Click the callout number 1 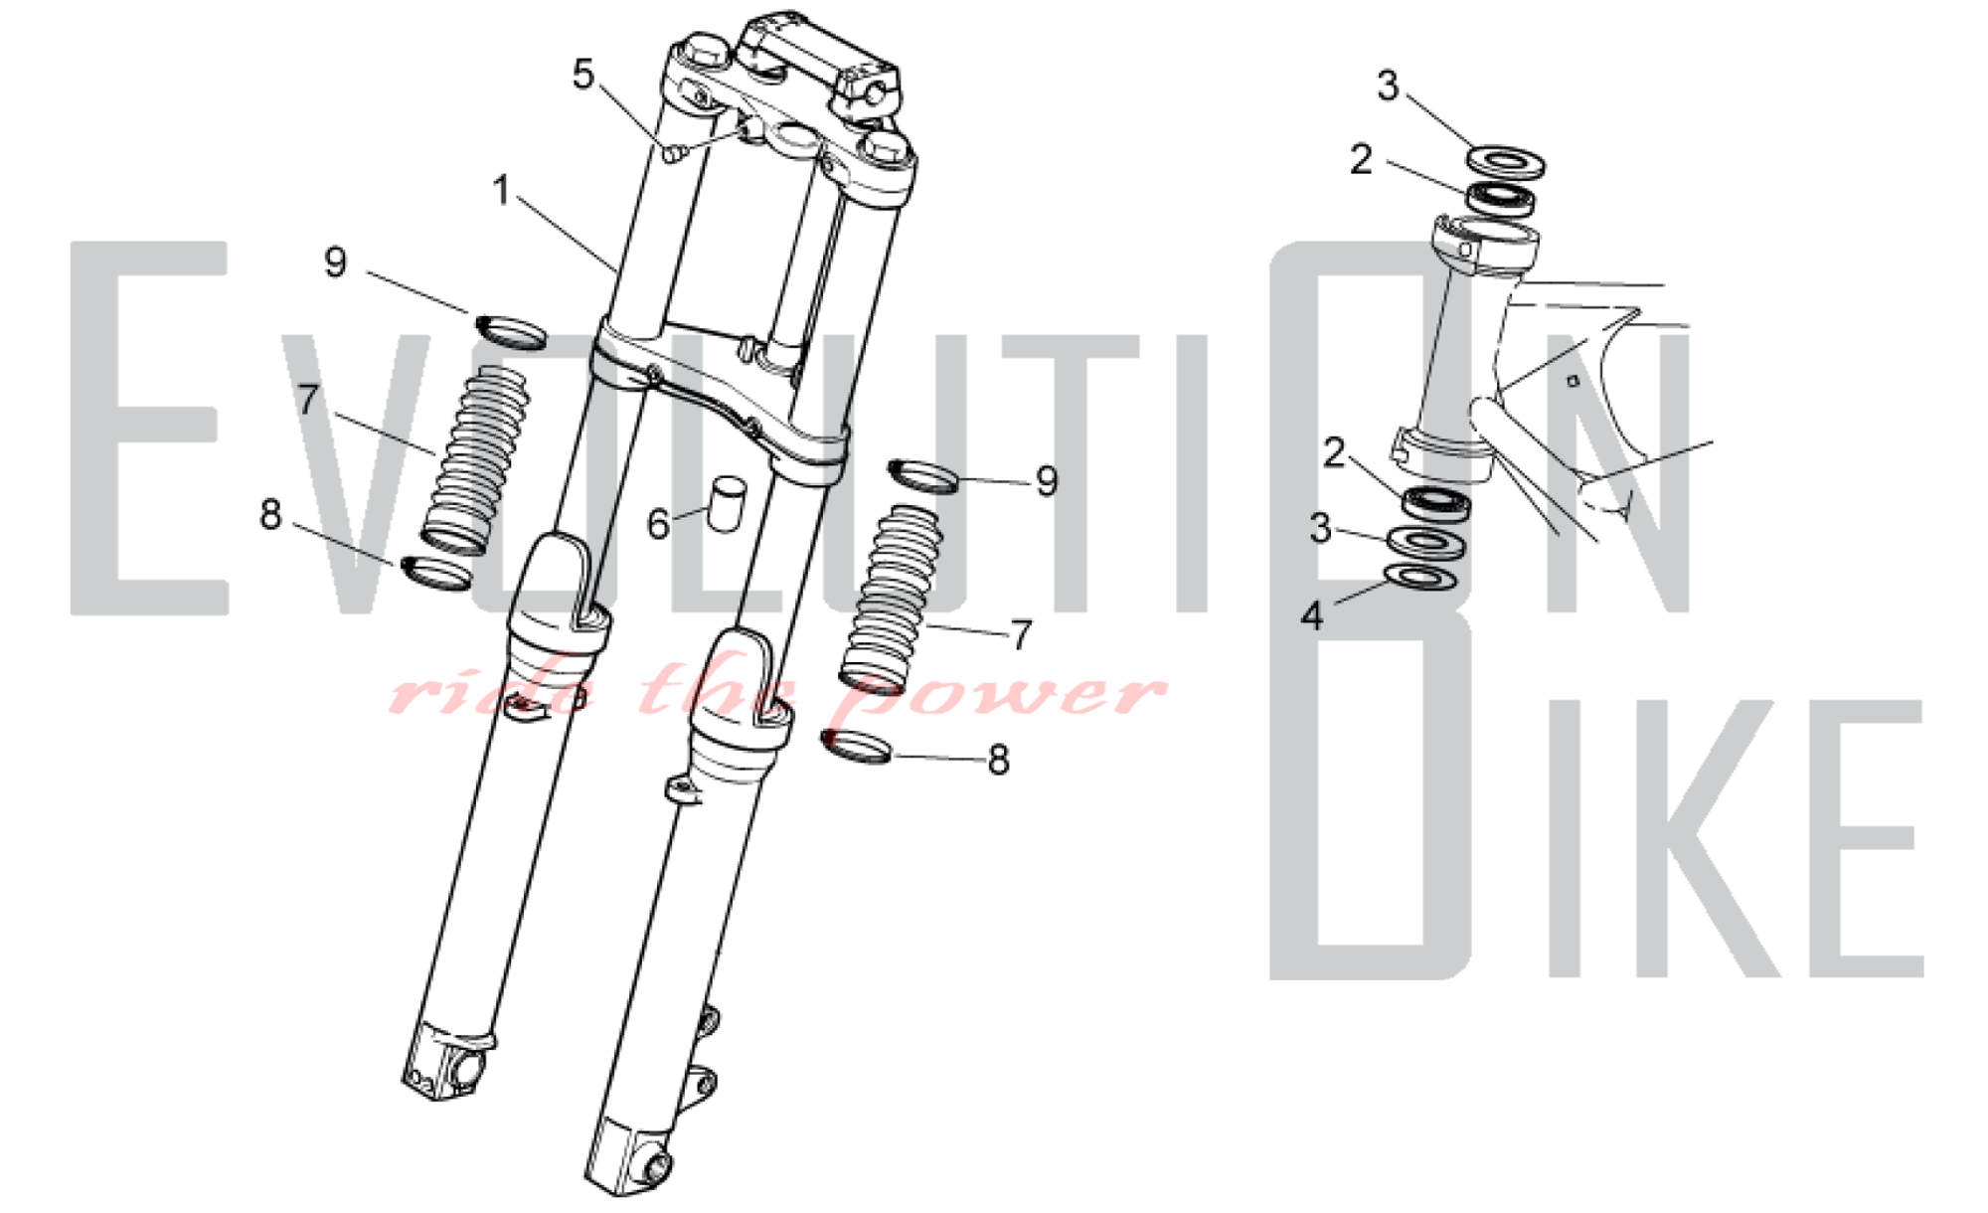click(501, 190)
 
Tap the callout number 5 click(583, 75)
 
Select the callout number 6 click(658, 524)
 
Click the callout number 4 click(1312, 616)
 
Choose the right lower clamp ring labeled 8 click(857, 747)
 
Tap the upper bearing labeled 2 click(1501, 198)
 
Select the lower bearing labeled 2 click(1436, 503)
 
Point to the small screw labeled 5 click(673, 152)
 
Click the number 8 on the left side click(270, 515)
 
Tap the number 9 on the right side click(1047, 481)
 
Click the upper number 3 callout click(1388, 86)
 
